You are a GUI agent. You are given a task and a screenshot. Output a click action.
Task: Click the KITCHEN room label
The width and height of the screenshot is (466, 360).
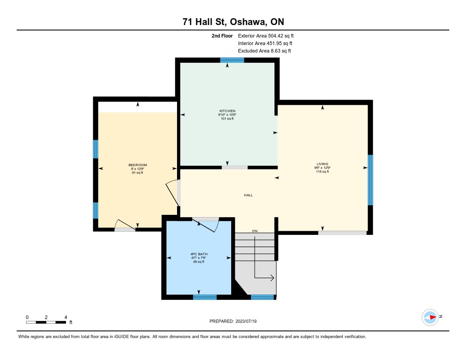[x=228, y=111]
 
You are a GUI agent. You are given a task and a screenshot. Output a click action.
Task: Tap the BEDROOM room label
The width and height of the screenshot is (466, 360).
[x=137, y=165]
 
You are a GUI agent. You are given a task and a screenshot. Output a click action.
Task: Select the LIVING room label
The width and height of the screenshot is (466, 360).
[x=323, y=164]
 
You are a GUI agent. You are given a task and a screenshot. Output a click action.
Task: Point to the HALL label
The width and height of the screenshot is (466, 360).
[x=248, y=195]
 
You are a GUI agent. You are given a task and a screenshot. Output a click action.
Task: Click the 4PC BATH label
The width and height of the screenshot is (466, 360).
[x=199, y=254]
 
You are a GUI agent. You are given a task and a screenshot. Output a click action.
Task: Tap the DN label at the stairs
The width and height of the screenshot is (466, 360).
[x=255, y=231]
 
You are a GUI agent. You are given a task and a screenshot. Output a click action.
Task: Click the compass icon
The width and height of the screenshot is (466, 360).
[x=430, y=318]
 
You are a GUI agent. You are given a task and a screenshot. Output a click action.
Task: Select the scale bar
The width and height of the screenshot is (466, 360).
[x=46, y=322]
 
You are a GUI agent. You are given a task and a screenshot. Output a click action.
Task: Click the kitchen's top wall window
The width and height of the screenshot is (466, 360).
[x=232, y=60]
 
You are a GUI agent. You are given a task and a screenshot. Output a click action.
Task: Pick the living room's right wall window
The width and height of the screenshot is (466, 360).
[x=370, y=180]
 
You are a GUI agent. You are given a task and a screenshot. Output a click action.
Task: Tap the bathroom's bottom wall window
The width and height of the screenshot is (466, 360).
[x=205, y=297]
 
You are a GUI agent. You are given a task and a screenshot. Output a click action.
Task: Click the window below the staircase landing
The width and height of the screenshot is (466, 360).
[x=263, y=297]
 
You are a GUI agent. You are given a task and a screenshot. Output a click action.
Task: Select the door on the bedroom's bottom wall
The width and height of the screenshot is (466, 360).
[x=125, y=226]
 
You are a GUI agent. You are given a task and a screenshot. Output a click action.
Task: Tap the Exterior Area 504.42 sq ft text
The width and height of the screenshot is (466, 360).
[x=266, y=35]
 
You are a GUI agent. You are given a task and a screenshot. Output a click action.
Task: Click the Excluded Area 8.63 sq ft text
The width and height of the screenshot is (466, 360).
[x=264, y=51]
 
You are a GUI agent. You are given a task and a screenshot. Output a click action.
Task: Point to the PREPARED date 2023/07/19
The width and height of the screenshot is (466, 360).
[x=246, y=321]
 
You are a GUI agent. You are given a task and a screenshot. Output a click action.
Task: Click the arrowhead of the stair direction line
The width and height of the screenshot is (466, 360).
[x=272, y=278]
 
